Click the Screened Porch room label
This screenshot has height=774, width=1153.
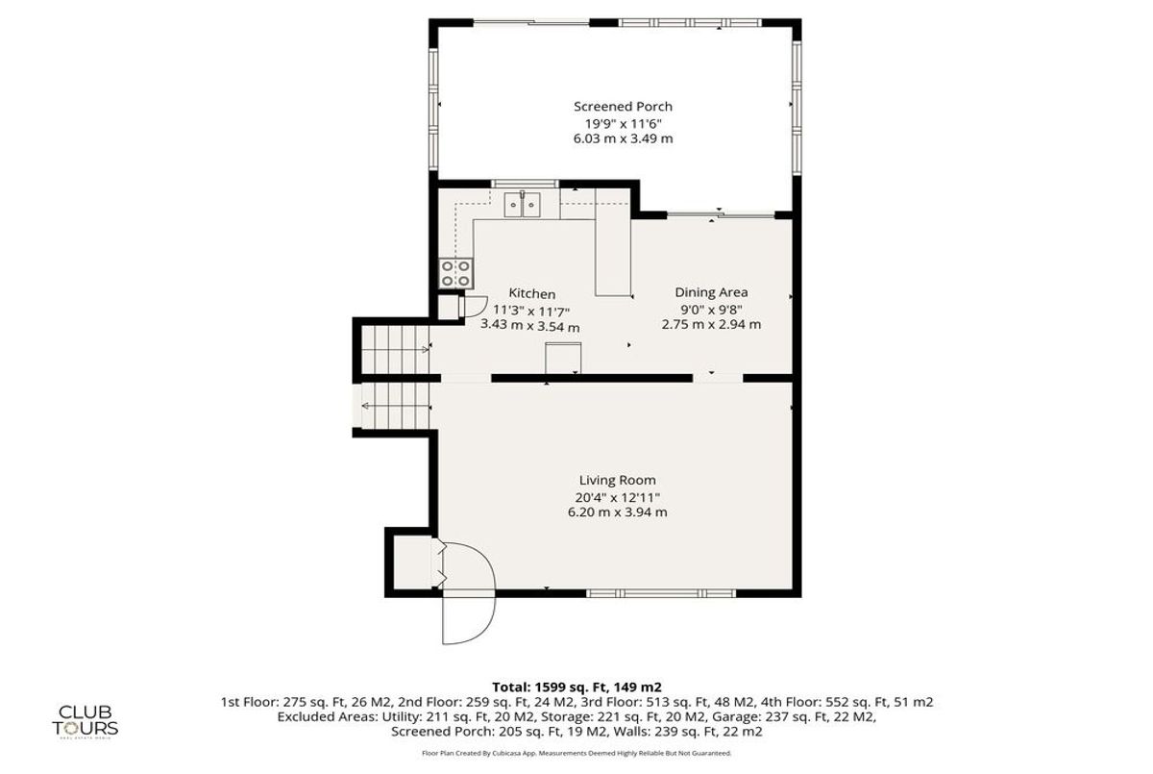[623, 107]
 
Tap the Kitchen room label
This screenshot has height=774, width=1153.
[531, 294]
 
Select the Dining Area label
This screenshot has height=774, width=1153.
[711, 292]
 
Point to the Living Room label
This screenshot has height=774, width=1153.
[617, 480]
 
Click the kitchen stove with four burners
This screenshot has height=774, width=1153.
[455, 273]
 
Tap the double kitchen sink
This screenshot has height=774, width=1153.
[524, 205]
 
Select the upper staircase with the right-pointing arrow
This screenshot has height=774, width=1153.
[395, 350]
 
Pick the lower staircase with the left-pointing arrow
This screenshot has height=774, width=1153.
[395, 409]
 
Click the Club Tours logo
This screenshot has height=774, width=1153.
[87, 718]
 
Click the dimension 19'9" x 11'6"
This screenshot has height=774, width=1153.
[623, 123]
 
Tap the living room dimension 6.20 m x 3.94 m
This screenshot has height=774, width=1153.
[617, 512]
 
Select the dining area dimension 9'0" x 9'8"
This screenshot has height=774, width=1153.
[711, 309]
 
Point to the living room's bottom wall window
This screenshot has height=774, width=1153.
[661, 592]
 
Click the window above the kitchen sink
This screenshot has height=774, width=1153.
[524, 183]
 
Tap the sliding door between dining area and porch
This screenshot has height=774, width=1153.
[721, 214]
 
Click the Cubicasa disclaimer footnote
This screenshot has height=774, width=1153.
[576, 753]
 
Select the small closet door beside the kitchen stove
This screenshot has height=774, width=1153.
[471, 305]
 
